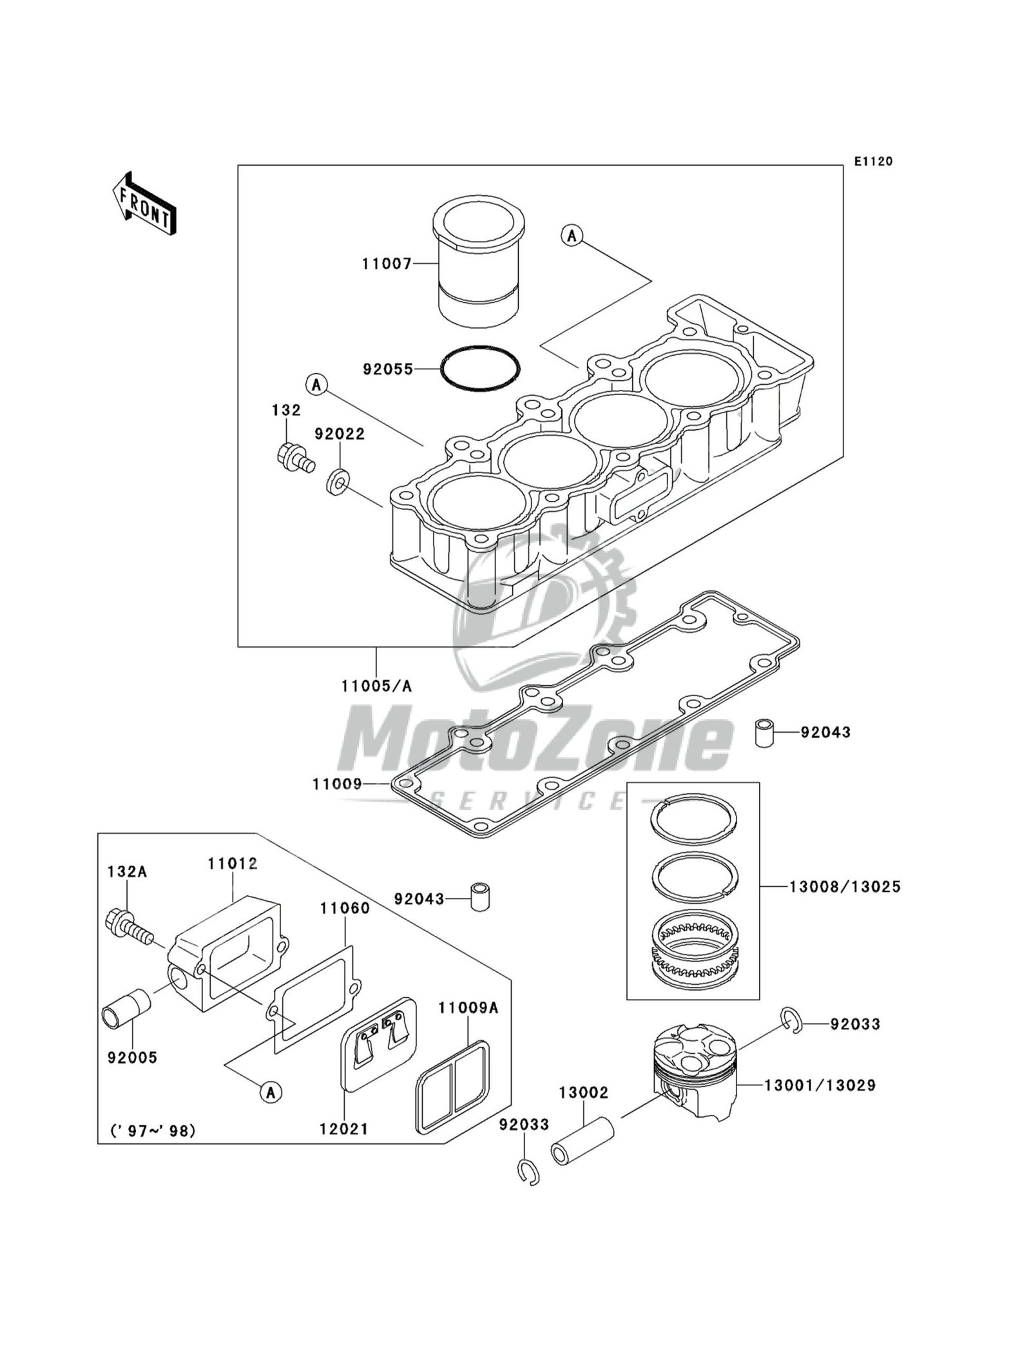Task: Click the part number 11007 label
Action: click(386, 264)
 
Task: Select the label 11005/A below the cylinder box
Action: click(377, 686)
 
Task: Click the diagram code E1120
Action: click(874, 161)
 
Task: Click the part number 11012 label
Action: click(232, 864)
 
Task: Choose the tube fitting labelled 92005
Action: click(126, 1014)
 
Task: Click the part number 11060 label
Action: click(345, 909)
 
